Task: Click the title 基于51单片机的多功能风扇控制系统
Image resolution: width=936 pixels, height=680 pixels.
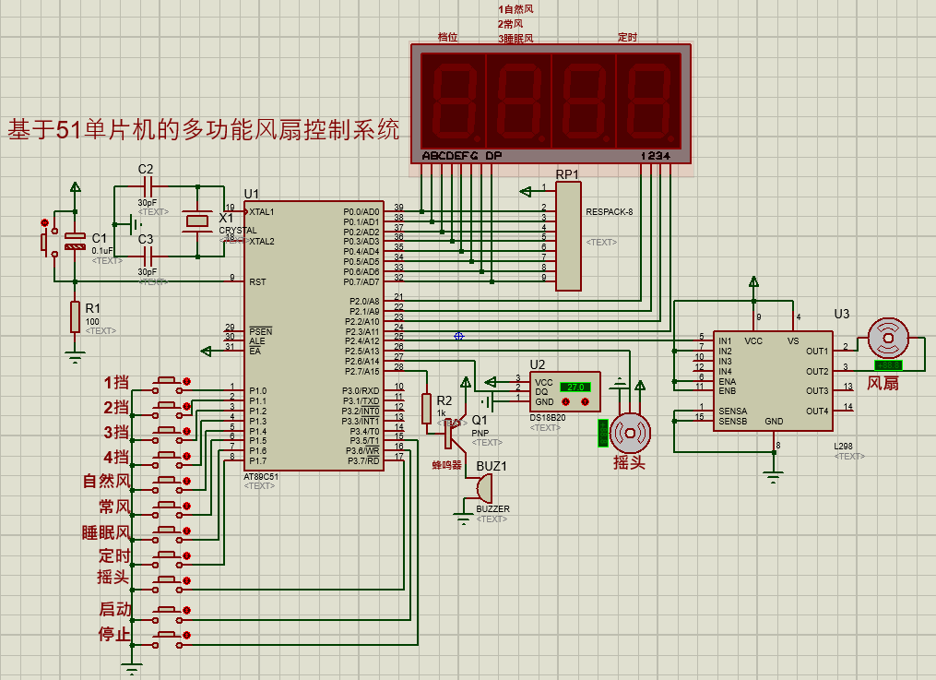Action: (x=204, y=129)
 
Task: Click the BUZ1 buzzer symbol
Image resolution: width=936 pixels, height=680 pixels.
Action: (x=482, y=490)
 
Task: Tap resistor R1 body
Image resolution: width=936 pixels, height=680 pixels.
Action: (x=75, y=316)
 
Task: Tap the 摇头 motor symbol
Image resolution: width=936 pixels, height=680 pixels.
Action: (x=632, y=432)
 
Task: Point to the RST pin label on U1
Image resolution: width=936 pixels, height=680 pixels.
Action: (x=257, y=281)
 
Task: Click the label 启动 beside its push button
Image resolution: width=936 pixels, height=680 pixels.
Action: (x=114, y=610)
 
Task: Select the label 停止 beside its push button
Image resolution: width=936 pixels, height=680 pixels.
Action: (x=114, y=635)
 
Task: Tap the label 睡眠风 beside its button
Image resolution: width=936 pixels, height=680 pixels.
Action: (x=106, y=533)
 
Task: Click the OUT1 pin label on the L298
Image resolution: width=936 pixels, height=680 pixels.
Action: (x=816, y=352)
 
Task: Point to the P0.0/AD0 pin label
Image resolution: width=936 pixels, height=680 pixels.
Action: (x=361, y=211)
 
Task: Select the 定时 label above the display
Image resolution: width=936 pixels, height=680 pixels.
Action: (x=627, y=38)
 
